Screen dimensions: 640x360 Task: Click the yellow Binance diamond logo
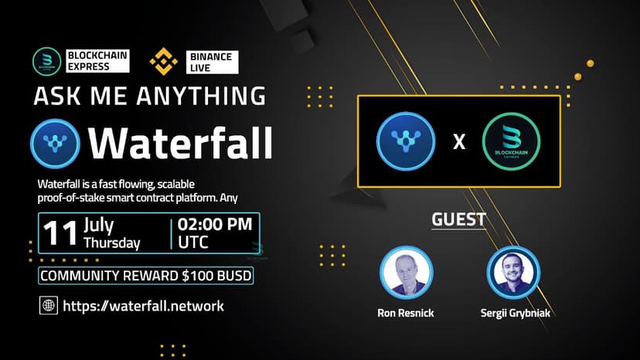tap(164, 62)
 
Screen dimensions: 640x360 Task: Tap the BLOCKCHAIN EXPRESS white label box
tap(97, 61)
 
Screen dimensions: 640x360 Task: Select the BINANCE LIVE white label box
tap(213, 62)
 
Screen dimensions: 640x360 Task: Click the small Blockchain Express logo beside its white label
tap(47, 62)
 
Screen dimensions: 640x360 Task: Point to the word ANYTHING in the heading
tap(201, 96)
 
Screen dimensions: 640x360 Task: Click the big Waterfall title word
tap(180, 143)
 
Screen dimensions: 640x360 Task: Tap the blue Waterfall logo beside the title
tap(55, 144)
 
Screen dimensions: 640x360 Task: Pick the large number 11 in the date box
tap(60, 233)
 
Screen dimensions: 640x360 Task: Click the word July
tap(99, 225)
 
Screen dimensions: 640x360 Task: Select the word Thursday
tap(112, 243)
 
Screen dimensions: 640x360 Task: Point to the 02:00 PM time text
tap(215, 225)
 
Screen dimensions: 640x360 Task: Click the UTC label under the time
tap(193, 243)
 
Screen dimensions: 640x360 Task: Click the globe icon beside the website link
tap(49, 305)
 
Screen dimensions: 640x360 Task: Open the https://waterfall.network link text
tap(143, 306)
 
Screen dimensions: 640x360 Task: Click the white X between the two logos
tap(459, 142)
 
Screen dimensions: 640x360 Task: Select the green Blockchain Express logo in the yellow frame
tap(511, 141)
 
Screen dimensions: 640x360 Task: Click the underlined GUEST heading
tap(459, 219)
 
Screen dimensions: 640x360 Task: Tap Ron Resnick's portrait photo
tap(406, 272)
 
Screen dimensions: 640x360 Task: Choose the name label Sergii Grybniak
tap(515, 313)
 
